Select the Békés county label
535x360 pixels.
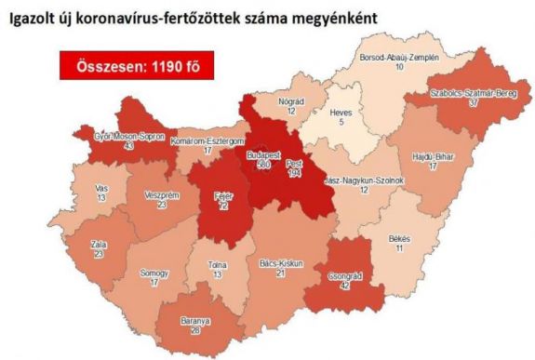pos(401,240)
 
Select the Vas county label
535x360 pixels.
pos(75,188)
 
